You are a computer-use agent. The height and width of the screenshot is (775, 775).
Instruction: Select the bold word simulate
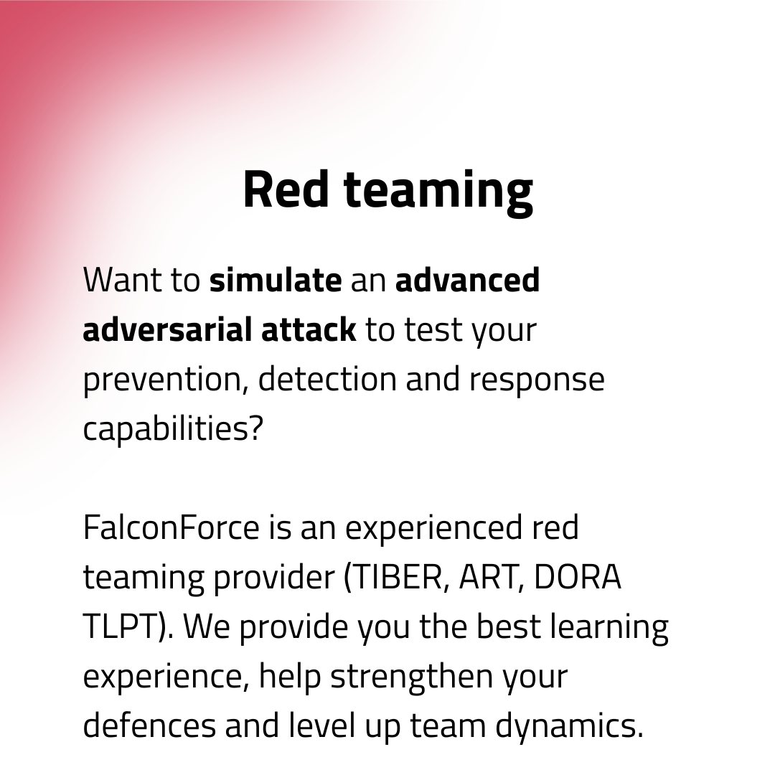pyautogui.click(x=276, y=280)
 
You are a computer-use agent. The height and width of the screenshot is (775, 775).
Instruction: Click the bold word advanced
pyautogui.click(x=467, y=280)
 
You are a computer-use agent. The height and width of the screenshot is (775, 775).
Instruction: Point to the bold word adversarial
pyautogui.click(x=166, y=329)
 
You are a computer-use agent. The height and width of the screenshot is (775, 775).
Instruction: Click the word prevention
pyautogui.click(x=164, y=380)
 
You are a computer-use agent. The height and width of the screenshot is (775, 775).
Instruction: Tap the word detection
pyautogui.click(x=327, y=379)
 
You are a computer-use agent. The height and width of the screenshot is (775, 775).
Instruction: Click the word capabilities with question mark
pyautogui.click(x=173, y=429)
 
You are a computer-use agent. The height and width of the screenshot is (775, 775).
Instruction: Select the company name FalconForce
pyautogui.click(x=171, y=527)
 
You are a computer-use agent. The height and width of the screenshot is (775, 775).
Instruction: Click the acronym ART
pyautogui.click(x=487, y=577)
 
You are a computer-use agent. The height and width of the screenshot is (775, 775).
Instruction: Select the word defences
pyautogui.click(x=149, y=725)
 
